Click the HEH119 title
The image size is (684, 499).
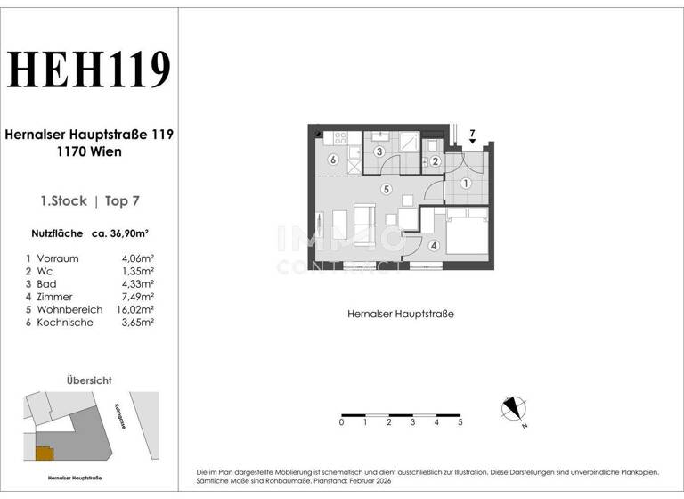(x=89, y=70)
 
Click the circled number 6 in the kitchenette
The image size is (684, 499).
(x=332, y=160)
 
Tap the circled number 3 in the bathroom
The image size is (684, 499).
(x=379, y=152)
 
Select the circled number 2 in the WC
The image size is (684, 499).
(x=436, y=161)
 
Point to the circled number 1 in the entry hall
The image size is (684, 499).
(x=466, y=184)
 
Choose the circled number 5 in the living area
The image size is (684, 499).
(x=386, y=190)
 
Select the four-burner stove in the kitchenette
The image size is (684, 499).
(x=338, y=138)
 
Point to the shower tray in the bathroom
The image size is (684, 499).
(x=409, y=143)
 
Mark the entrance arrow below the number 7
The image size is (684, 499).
(x=472, y=142)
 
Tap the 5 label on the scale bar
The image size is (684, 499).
(x=460, y=423)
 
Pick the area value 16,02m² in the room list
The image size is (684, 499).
(x=135, y=309)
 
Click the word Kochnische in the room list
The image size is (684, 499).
(x=64, y=323)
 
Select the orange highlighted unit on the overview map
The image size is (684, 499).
(x=44, y=453)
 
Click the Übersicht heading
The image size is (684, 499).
(x=89, y=380)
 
